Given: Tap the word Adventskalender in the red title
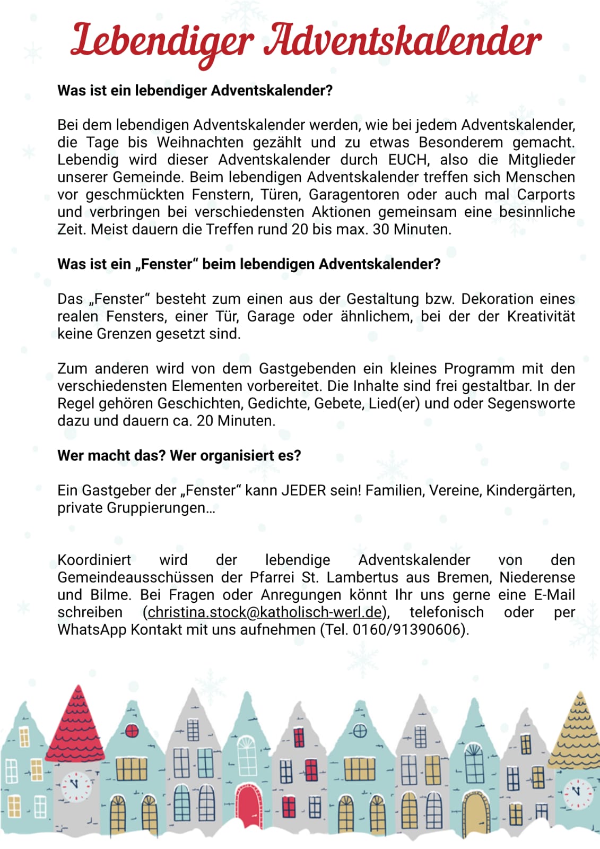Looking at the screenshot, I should [x=403, y=40].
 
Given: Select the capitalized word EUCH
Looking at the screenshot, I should [x=407, y=160].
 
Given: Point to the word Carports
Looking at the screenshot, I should [x=546, y=195].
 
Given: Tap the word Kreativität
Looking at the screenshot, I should [x=541, y=316].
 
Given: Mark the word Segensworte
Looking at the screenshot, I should [x=531, y=403].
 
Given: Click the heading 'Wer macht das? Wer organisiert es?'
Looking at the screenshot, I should [x=179, y=456].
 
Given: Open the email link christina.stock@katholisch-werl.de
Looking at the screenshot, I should [x=265, y=612].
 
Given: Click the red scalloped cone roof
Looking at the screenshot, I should [x=76, y=724].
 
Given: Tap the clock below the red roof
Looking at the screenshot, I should [x=76, y=786].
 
